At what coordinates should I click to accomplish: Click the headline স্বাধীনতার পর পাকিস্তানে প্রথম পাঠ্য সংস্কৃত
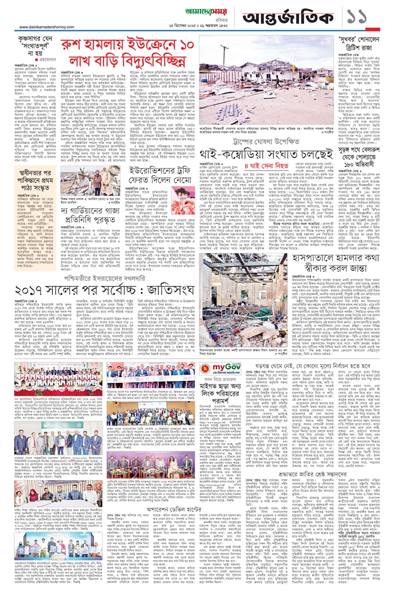[41, 159]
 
